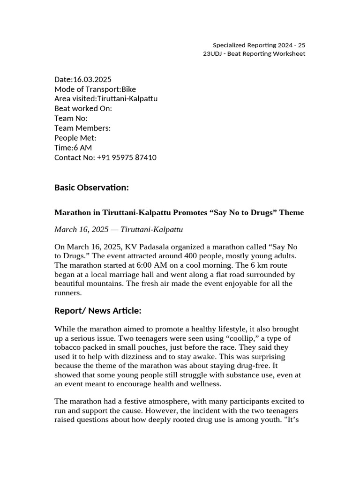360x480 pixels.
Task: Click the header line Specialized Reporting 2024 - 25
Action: pos(259,45)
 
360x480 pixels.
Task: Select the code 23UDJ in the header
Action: pos(212,54)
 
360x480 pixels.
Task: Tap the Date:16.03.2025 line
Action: pos(83,79)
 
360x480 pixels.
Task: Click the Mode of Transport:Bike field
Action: pos(95,89)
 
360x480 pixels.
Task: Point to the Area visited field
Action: pos(106,99)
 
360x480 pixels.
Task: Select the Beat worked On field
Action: pos(83,109)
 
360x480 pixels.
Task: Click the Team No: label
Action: pos(71,119)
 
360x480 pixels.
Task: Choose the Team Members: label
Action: pos(82,128)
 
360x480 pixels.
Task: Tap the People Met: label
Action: pos(75,138)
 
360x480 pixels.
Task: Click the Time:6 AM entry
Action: pos(73,148)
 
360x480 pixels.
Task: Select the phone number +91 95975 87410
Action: pos(127,157)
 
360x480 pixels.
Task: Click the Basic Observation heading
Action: pos(91,187)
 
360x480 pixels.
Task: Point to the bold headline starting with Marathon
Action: pos(179,213)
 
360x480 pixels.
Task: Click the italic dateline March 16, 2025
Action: pos(119,230)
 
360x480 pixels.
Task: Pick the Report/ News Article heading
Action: pos(97,311)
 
